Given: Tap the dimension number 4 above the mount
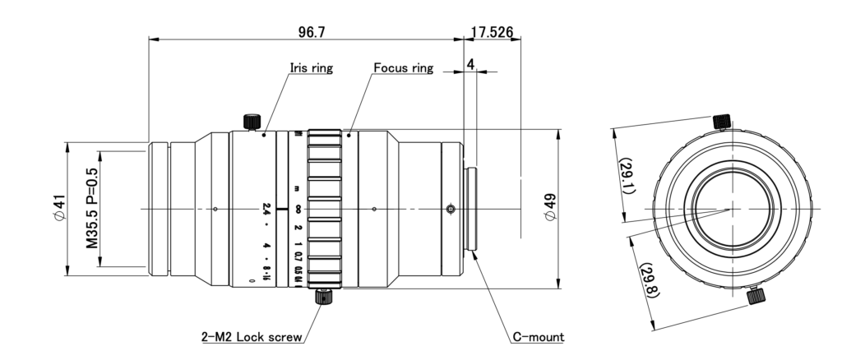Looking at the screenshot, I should [470, 63].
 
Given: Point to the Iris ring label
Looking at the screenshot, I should [311, 68].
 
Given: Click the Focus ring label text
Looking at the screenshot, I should [403, 68].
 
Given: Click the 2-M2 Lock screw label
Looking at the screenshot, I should [252, 336].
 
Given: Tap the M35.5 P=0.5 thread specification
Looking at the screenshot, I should [91, 209].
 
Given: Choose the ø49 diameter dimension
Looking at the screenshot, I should [551, 209].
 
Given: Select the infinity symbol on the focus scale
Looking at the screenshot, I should [297, 209].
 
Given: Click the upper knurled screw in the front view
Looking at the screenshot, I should [721, 121].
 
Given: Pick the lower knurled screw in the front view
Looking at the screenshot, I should [756, 294].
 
